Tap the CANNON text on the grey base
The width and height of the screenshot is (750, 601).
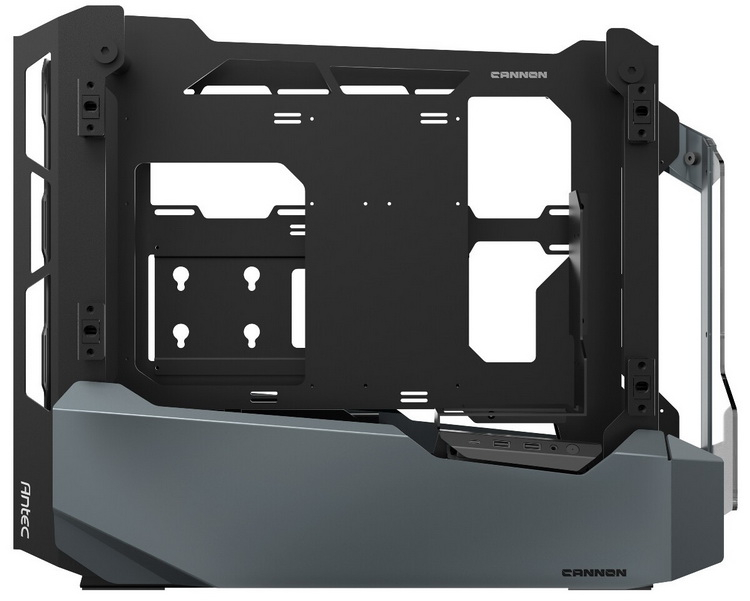coord(594,573)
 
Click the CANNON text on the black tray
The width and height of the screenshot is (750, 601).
coord(519,75)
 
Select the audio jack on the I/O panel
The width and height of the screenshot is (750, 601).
coord(553,448)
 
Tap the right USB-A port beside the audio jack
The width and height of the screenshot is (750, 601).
coord(531,446)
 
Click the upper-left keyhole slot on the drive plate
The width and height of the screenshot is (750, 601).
coord(181,278)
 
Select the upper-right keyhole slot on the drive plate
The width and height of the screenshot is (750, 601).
coord(252,278)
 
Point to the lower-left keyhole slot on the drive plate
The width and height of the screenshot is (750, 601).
coord(181,335)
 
